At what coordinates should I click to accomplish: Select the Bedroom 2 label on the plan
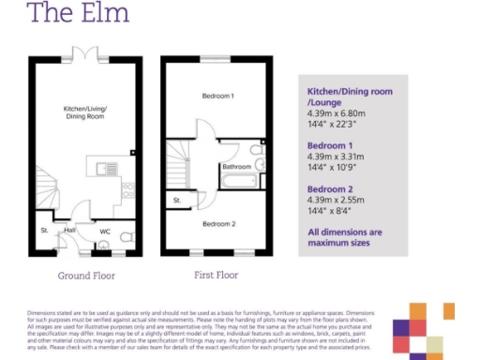pos(218,224)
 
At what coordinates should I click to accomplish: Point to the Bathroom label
pos(236,167)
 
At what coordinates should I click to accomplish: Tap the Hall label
pos(69,230)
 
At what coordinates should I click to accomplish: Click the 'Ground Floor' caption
pos(85,277)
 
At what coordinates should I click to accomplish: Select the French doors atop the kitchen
pos(85,55)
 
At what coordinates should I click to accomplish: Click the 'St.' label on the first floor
pos(176,201)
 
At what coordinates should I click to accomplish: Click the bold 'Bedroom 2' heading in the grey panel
pos(332,188)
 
